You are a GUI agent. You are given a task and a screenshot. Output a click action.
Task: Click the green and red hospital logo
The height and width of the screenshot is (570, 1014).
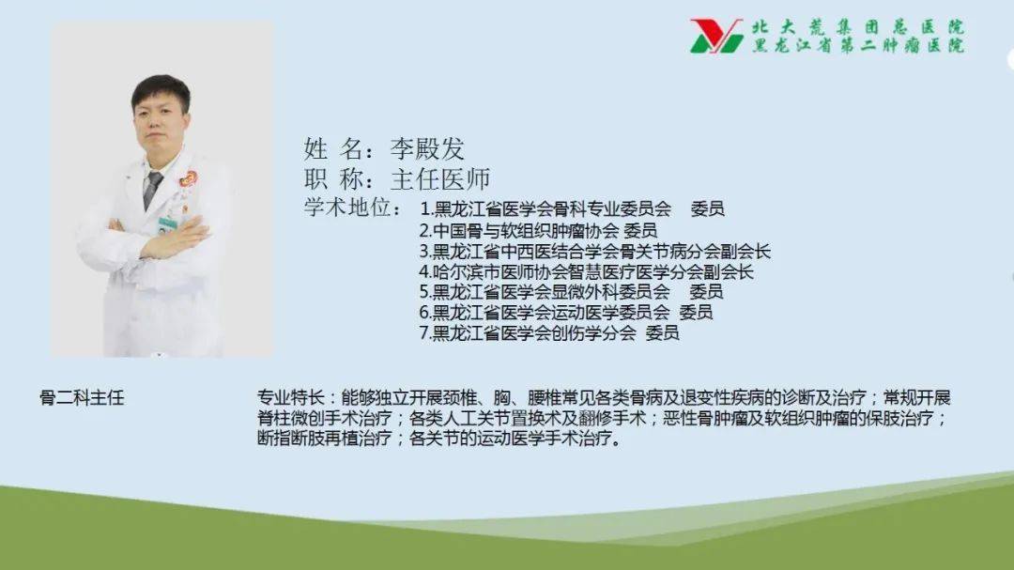pos(716,36)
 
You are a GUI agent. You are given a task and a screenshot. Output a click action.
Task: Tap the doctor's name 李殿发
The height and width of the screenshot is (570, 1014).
pos(427,149)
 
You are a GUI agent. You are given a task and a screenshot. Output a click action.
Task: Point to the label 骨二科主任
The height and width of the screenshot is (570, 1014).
pos(82,398)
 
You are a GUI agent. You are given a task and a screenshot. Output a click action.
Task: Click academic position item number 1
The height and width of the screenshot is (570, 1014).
pos(572,208)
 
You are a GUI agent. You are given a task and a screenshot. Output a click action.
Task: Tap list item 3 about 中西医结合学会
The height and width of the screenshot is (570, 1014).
pos(595,251)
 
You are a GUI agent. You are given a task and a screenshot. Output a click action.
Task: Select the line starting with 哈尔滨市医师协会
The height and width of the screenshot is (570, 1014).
pos(586,271)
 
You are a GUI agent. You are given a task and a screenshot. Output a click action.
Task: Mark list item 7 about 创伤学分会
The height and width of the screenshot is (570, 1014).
pos(549,332)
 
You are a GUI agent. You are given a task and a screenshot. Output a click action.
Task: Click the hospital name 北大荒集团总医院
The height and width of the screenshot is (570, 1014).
pos(858,27)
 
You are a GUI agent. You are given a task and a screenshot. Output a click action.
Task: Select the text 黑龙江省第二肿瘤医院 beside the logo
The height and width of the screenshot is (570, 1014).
pos(858,45)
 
